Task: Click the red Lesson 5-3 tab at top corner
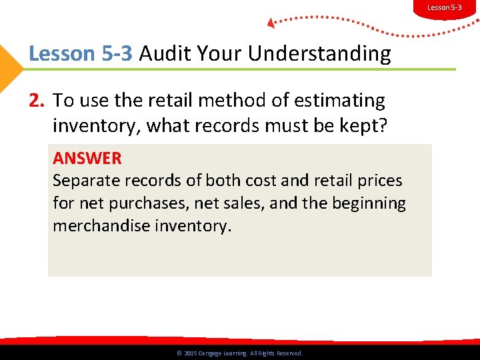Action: pyautogui.click(x=444, y=7)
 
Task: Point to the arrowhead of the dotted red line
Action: pyautogui.click(x=271, y=23)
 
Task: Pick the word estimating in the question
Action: pyautogui.click(x=341, y=101)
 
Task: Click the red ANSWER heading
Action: pyautogui.click(x=87, y=159)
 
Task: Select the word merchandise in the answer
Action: pyautogui.click(x=102, y=225)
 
